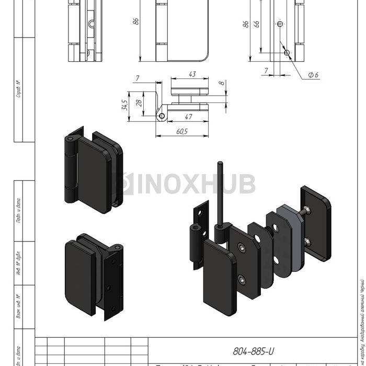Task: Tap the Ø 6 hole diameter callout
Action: pyautogui.click(x=313, y=75)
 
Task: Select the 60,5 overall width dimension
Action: pyautogui.click(x=182, y=131)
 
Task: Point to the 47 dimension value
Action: pyautogui.click(x=188, y=117)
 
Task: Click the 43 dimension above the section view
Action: pyautogui.click(x=192, y=75)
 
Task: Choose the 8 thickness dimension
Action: pyautogui.click(x=221, y=83)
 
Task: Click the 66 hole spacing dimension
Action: pyautogui.click(x=256, y=24)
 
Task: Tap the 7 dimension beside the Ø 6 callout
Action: pyautogui.click(x=266, y=70)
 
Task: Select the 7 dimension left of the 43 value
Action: pyautogui.click(x=137, y=78)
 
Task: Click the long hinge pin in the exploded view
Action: pyautogui.click(x=221, y=193)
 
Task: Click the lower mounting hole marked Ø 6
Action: pyautogui.click(x=286, y=52)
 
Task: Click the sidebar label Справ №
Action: pyautogui.click(x=19, y=89)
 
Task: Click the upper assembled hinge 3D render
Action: pyautogui.click(x=93, y=168)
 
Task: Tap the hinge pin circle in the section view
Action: pyautogui.click(x=163, y=116)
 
